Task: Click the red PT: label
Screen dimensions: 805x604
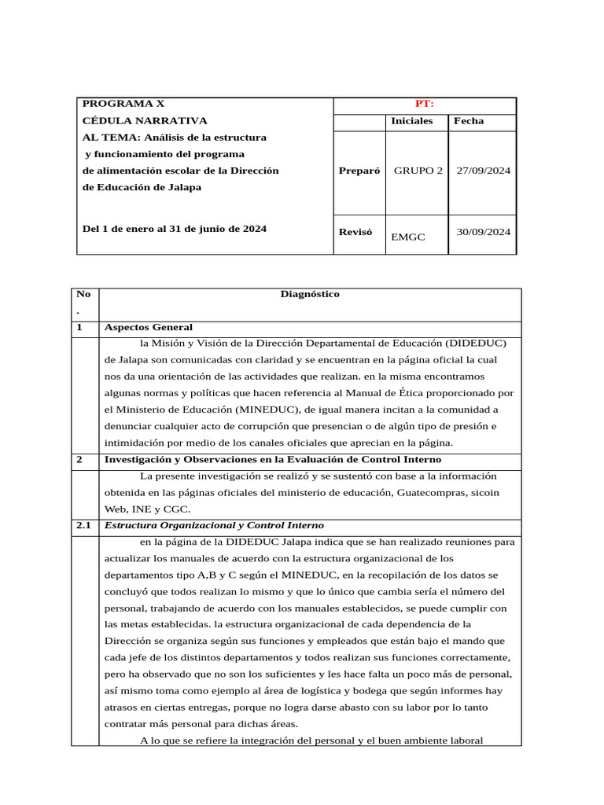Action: tap(425, 104)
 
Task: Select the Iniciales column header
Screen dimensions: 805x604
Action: tap(411, 121)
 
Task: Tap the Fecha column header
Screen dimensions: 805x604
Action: tap(469, 121)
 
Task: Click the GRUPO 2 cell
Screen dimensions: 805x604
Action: tap(418, 171)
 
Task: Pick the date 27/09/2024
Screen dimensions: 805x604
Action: tap(483, 171)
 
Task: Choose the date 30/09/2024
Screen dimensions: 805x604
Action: tap(483, 232)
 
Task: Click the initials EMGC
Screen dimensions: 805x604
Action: tap(407, 237)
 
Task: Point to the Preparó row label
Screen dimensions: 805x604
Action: tap(359, 171)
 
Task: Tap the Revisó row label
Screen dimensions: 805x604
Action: tap(355, 232)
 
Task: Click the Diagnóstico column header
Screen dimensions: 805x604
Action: tap(310, 294)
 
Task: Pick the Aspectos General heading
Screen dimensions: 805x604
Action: tap(148, 327)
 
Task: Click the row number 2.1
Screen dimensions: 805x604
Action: tap(83, 525)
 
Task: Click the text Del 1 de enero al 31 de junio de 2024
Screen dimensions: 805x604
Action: tap(175, 229)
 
